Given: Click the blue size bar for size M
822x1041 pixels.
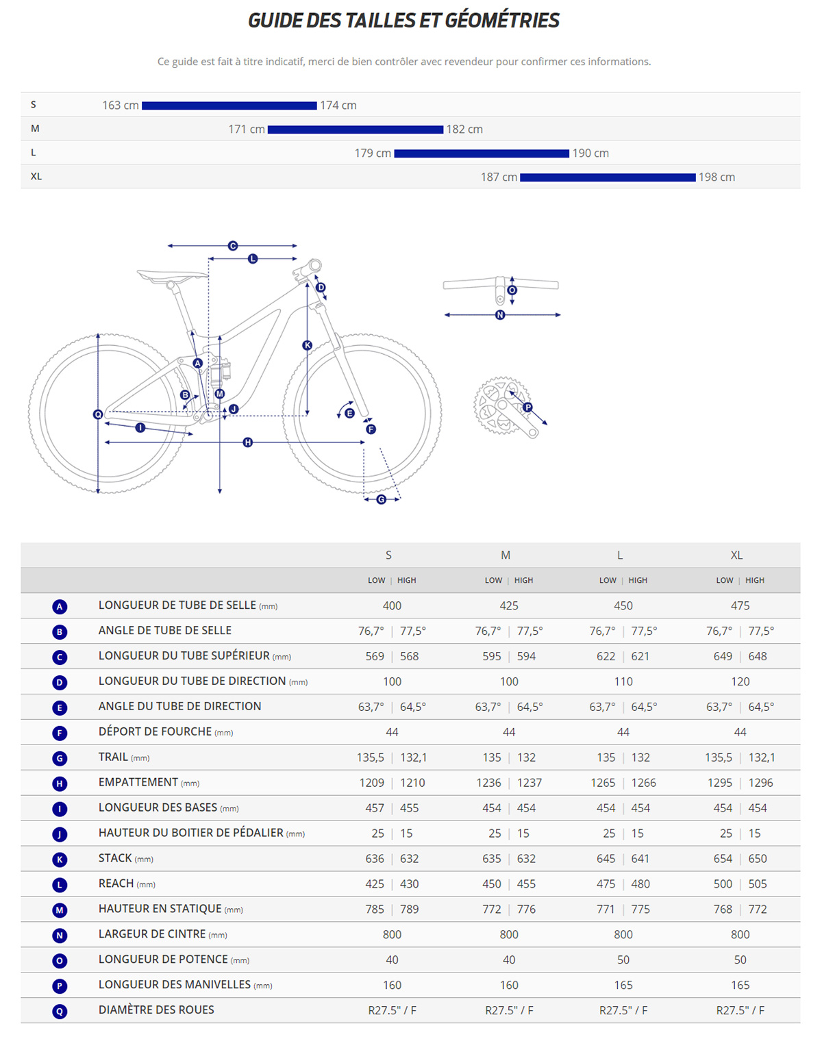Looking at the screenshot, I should [355, 129].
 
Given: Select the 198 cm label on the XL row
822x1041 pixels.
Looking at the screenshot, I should [717, 177].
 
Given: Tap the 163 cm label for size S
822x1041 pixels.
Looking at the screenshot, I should [121, 105].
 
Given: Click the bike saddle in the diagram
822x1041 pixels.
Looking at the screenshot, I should [171, 276].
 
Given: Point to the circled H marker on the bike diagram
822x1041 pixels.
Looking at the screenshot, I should [248, 442].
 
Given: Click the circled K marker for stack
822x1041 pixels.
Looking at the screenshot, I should [307, 346].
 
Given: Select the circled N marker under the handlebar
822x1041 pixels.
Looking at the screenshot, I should [500, 315].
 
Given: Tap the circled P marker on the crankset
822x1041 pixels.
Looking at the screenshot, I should [527, 407].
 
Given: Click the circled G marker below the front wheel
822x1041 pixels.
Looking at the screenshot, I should [382, 499].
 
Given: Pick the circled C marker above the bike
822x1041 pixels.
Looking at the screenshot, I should [233, 246].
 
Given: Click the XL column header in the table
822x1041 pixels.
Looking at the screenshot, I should [736, 555].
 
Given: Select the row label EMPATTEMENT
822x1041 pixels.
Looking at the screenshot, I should [138, 782].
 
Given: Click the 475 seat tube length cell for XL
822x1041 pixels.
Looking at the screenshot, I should [740, 606].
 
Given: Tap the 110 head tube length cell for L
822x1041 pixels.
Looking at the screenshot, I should [623, 681].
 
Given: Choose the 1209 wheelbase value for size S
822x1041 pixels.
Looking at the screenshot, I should [372, 783].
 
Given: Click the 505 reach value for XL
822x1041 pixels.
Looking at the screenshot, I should [758, 884].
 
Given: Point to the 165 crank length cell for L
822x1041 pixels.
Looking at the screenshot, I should [623, 986].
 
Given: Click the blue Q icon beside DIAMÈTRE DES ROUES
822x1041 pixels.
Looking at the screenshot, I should [60, 1011].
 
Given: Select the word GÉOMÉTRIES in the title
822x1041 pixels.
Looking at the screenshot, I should [502, 21].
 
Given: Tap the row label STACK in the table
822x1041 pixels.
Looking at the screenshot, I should [115, 858].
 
